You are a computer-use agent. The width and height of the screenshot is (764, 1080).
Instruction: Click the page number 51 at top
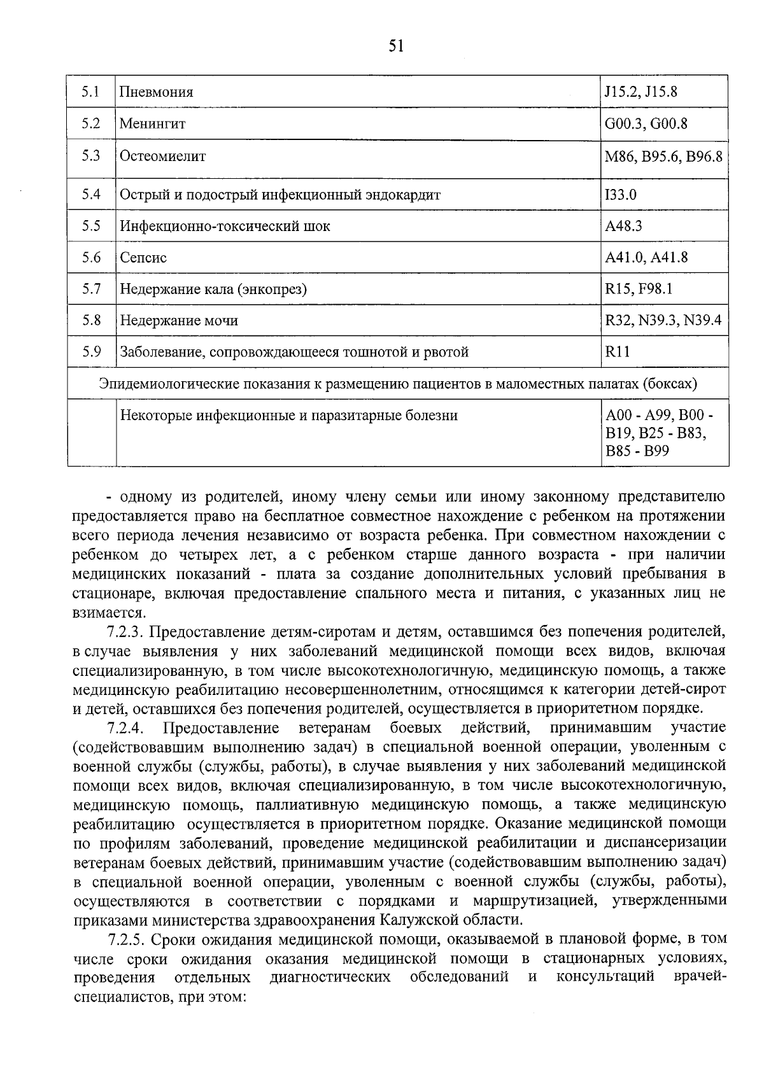(x=395, y=46)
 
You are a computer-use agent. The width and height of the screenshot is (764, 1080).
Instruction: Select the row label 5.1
(x=91, y=92)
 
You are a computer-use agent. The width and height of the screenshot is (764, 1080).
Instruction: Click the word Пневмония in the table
(x=157, y=92)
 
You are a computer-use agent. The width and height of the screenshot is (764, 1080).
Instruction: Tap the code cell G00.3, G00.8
(x=646, y=123)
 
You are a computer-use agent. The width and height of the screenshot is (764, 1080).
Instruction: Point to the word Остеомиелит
(x=163, y=156)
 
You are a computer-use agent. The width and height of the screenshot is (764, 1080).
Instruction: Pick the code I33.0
(x=621, y=195)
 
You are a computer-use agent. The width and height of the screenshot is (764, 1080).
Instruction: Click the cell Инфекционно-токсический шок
(x=225, y=227)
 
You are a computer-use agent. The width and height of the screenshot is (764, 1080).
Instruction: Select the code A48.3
(x=623, y=227)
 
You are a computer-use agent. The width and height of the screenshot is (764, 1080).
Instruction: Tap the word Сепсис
(x=143, y=258)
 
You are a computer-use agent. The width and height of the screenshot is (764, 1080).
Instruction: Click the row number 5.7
(x=91, y=290)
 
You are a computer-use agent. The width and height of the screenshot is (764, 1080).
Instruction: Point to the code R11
(x=617, y=352)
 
